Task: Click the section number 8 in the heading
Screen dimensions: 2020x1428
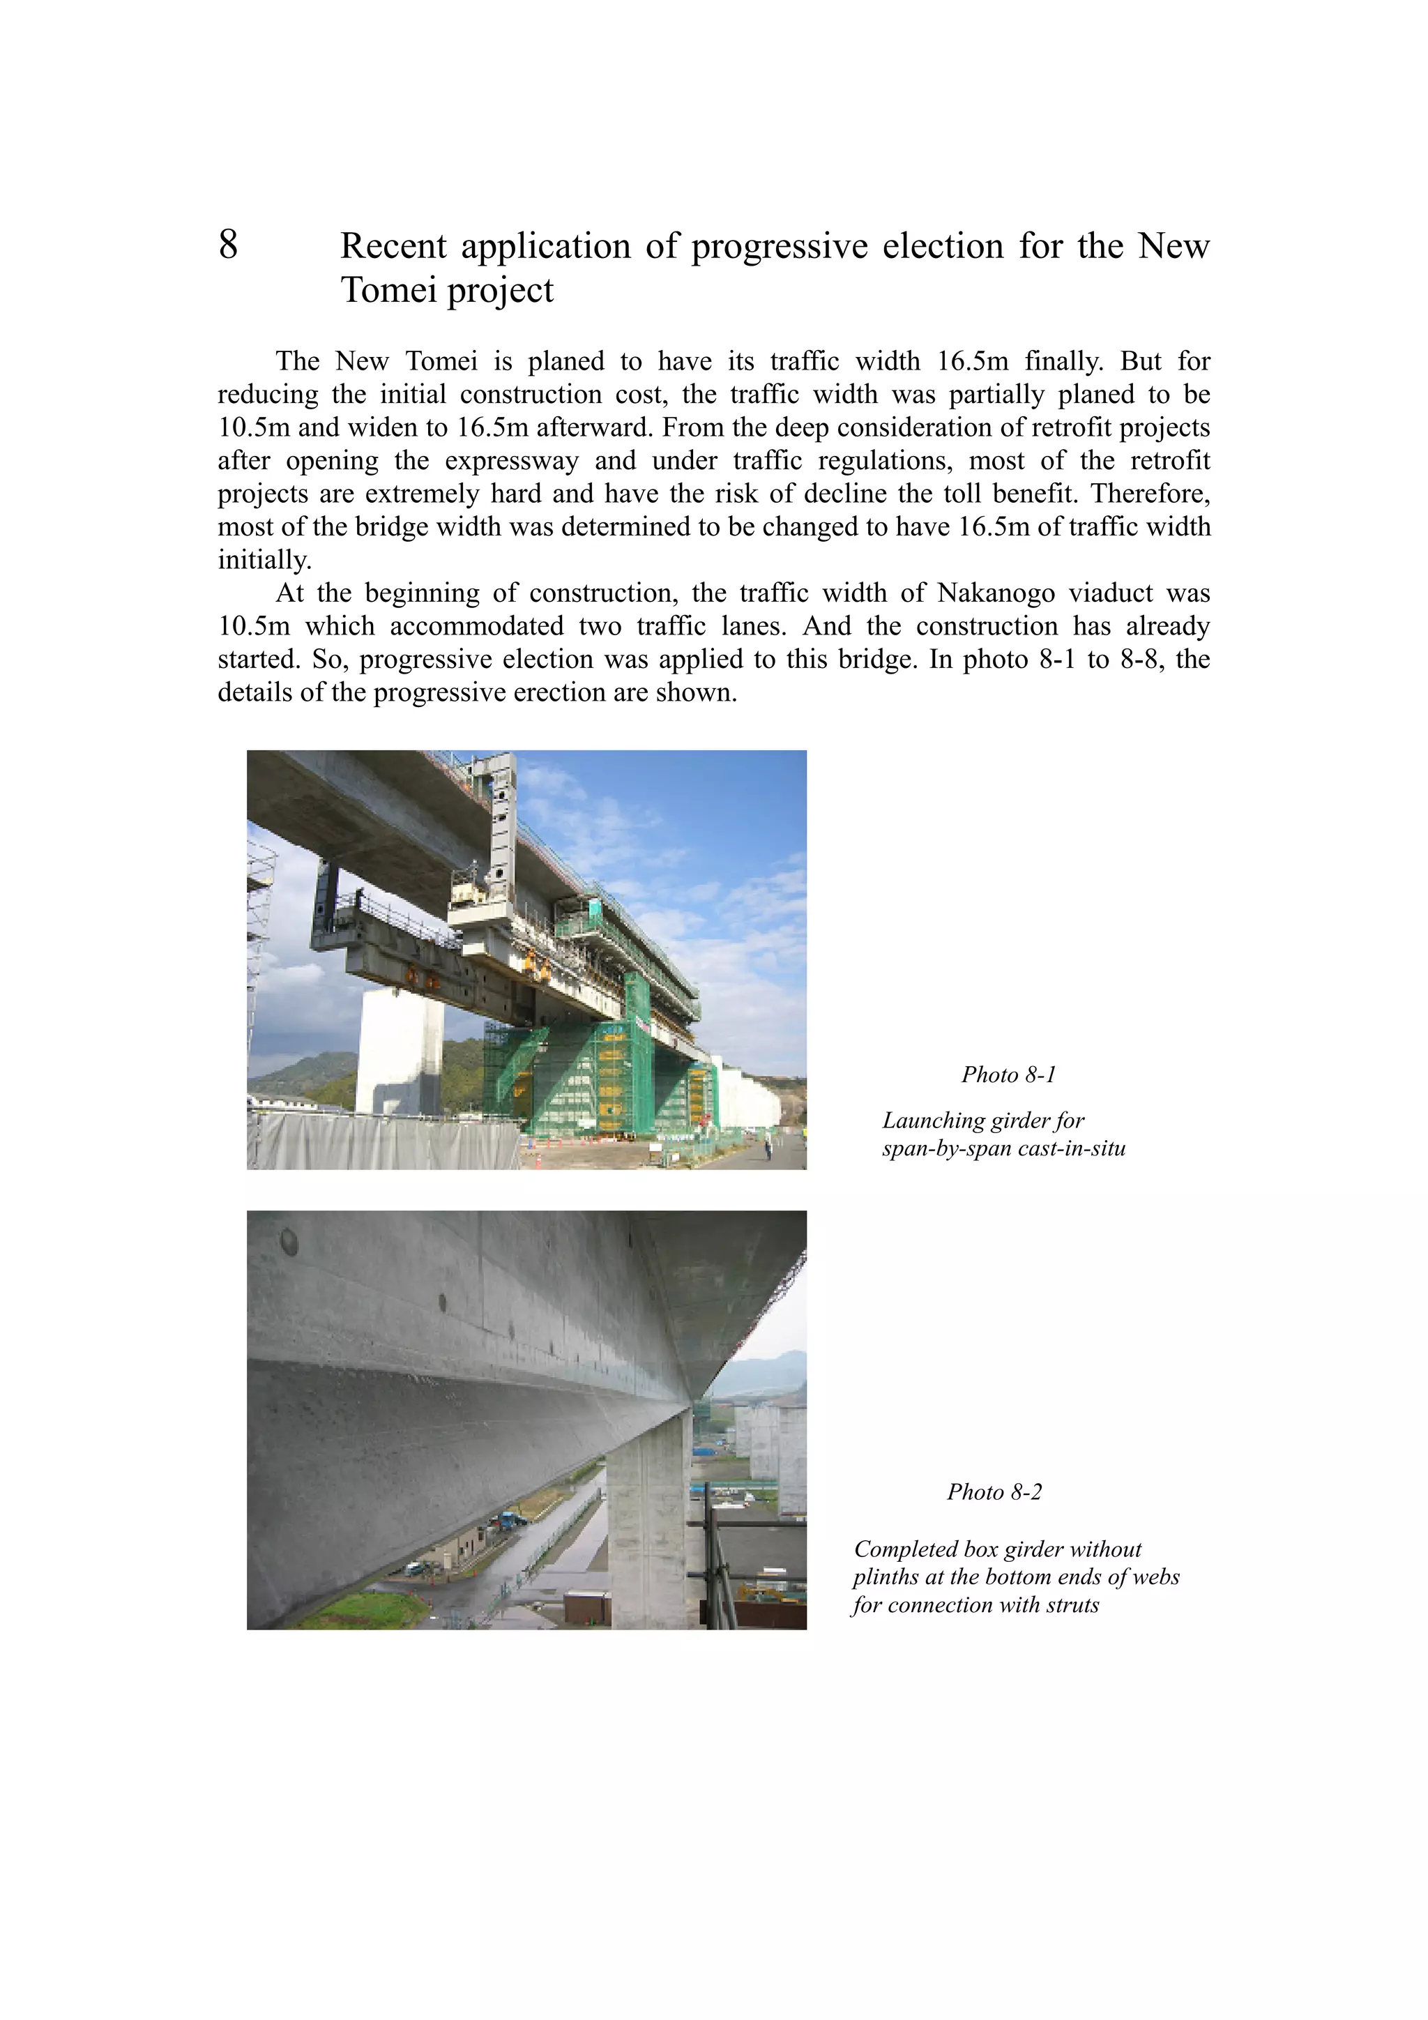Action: pyautogui.click(x=228, y=245)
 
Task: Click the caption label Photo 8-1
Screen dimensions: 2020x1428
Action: pyautogui.click(x=1008, y=1074)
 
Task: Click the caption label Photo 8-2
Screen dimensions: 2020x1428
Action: pyautogui.click(x=994, y=1491)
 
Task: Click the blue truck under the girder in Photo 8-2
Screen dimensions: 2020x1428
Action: pyautogui.click(x=508, y=1519)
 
